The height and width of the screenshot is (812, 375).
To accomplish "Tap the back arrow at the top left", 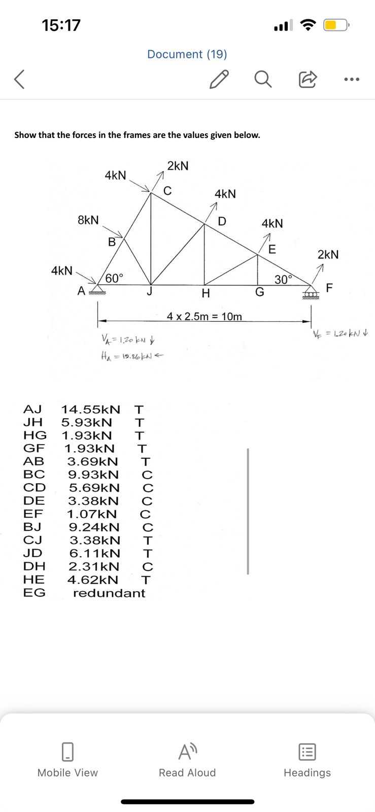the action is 19,80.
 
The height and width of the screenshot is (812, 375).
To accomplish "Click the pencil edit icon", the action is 219,79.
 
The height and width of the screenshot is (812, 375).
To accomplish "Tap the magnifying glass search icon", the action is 262,79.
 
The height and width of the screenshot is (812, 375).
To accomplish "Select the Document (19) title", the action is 187,54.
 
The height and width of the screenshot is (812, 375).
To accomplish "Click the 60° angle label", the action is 114,278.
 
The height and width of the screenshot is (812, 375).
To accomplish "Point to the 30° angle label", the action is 284,279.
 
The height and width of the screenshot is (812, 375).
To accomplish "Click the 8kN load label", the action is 88,220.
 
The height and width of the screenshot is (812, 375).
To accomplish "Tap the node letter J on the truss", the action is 149,291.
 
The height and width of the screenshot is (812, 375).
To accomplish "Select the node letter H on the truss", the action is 206,293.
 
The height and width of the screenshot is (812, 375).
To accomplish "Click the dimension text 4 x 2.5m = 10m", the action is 204,317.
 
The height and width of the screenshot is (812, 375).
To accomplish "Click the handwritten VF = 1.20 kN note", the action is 340,333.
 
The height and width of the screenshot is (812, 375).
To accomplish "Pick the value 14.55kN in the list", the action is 91,409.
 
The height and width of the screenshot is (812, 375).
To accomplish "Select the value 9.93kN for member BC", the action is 94,475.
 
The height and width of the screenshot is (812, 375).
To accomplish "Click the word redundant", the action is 109,593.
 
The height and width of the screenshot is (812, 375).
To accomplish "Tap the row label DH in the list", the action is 34,566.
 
